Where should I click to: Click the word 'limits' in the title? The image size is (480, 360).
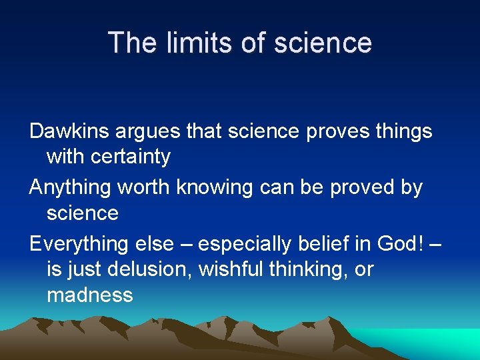coord(175,43)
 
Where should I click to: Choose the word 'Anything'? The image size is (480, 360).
coord(71,188)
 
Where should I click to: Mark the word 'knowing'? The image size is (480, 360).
coord(214,188)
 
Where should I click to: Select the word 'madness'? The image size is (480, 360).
coord(90,295)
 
